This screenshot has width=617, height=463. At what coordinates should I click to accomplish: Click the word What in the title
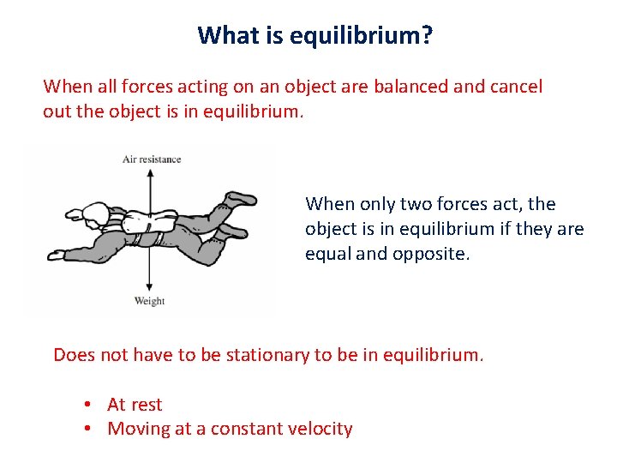[x=223, y=35]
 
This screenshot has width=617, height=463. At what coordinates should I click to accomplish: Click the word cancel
[x=515, y=87]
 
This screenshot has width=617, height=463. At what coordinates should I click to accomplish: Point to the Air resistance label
[x=152, y=159]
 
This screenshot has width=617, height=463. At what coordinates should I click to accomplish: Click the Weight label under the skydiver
[x=149, y=301]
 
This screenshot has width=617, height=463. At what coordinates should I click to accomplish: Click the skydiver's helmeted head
[x=87, y=213]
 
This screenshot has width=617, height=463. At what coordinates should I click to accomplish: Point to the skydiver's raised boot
[x=242, y=198]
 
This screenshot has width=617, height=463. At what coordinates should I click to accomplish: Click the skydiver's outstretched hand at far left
[x=56, y=255]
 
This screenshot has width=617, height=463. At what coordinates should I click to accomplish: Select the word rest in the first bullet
[x=147, y=405]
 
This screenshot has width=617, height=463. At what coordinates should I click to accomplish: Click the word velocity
[x=320, y=429]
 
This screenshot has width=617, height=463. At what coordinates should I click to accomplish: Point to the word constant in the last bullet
[x=247, y=429]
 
